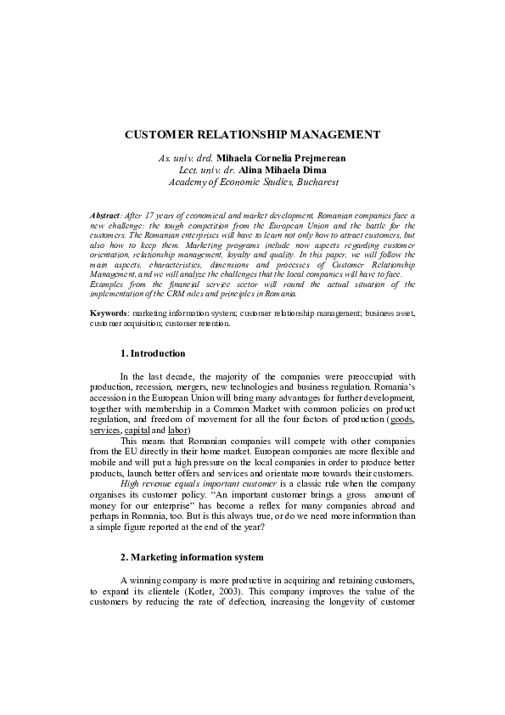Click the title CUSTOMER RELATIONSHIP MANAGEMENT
point(252,135)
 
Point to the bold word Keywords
point(108,313)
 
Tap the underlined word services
point(105,431)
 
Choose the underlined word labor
point(178,431)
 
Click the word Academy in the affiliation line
point(188,182)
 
